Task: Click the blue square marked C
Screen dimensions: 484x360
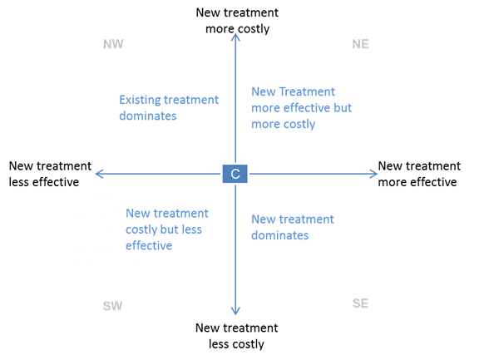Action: tap(235, 174)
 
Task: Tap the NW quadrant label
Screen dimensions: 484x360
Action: tap(113, 44)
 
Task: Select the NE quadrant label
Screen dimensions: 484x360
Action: tap(361, 44)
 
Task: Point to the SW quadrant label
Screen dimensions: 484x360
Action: tap(112, 306)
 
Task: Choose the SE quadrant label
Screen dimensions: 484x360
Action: tap(361, 303)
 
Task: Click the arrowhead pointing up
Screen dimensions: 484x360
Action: tap(235, 37)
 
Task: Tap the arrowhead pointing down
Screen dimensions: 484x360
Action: tap(235, 311)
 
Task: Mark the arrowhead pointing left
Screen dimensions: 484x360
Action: tap(99, 174)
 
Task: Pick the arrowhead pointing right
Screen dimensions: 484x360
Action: tap(373, 174)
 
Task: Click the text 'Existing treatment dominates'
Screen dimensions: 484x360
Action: tap(169, 107)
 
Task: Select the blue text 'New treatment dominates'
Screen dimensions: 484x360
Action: tap(293, 227)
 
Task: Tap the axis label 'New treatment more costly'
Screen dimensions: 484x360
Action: tap(237, 21)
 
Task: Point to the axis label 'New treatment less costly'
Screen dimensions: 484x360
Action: tap(237, 336)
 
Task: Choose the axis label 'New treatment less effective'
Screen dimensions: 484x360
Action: tap(50, 174)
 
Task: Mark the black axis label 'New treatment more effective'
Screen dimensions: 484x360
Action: tap(419, 174)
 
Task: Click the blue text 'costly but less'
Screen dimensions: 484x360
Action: tap(164, 229)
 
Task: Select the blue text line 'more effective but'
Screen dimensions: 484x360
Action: tap(301, 108)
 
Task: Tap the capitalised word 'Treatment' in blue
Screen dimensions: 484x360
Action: tap(307, 91)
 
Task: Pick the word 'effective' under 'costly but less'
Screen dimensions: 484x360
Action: tap(149, 245)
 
